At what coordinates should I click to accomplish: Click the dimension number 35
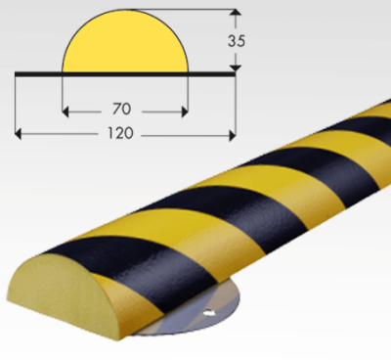[237, 41]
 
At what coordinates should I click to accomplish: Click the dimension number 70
[121, 109]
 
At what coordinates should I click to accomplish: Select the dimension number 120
[120, 133]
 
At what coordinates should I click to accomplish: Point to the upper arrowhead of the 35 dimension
[236, 13]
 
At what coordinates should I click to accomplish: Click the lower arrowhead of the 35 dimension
[236, 68]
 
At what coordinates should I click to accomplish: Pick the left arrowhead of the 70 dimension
[65, 112]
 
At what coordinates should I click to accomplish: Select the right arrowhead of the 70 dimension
[185, 112]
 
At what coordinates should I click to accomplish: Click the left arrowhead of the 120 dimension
[19, 134]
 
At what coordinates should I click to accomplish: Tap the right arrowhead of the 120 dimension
[232, 134]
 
